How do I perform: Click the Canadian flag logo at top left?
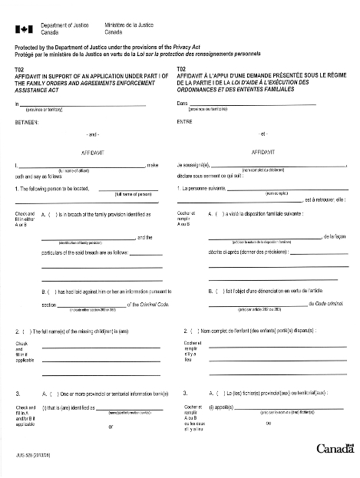[x=24, y=29]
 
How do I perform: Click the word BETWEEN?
[x=29, y=121]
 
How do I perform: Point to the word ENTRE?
[x=185, y=121]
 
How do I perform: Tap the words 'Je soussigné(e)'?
[x=194, y=165]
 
